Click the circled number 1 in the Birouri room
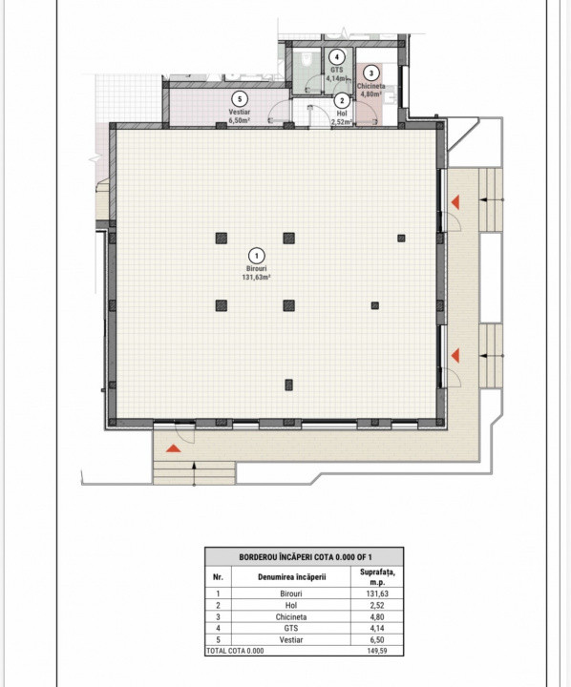(256, 255)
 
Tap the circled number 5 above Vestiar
(240, 98)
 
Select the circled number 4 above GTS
(333, 57)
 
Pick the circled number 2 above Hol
(342, 101)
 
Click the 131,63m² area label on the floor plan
(256, 279)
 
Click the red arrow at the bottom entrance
(173, 448)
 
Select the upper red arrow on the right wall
(455, 202)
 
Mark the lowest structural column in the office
(288, 385)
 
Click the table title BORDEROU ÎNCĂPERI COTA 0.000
(304, 556)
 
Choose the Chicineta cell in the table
(291, 615)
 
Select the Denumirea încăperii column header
(291, 576)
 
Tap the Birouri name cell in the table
(291, 593)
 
